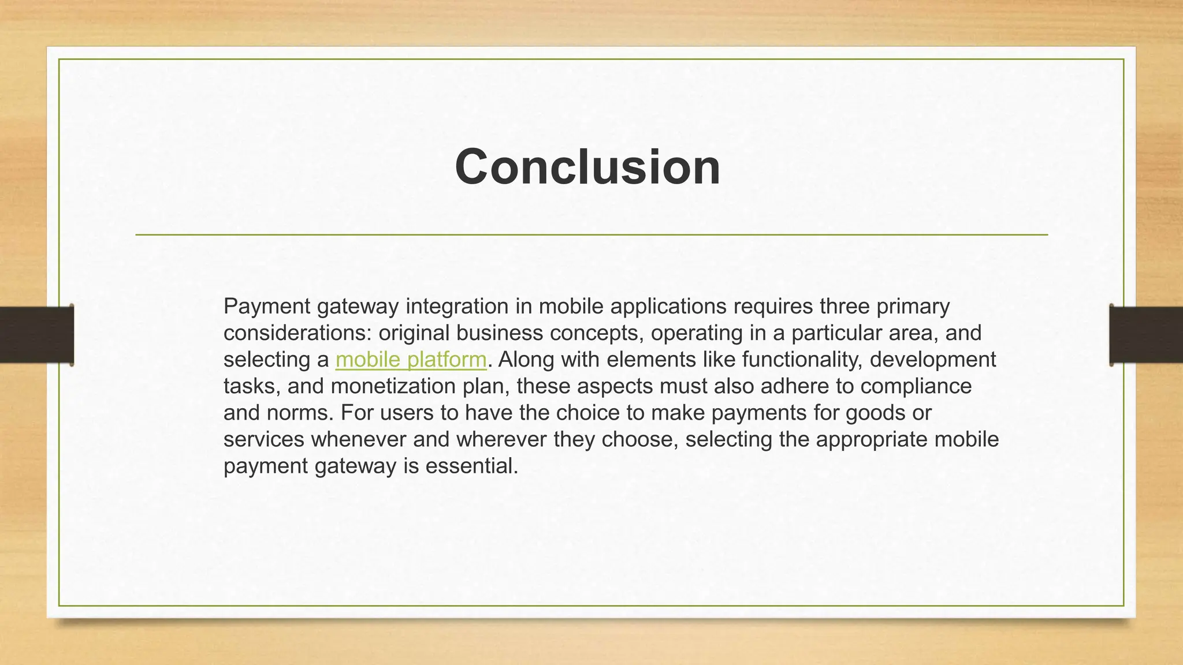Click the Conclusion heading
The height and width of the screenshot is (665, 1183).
(x=587, y=167)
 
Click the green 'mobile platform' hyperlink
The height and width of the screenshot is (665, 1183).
(x=411, y=360)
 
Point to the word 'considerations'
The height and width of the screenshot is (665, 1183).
(x=297, y=333)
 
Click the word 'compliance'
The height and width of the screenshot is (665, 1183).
(x=916, y=386)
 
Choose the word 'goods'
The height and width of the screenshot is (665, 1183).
(x=874, y=413)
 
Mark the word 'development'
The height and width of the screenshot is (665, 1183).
(x=933, y=360)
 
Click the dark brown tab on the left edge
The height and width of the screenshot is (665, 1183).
(x=36, y=335)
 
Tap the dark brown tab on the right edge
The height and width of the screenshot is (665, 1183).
(x=1146, y=335)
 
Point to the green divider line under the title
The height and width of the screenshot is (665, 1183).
(x=591, y=235)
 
